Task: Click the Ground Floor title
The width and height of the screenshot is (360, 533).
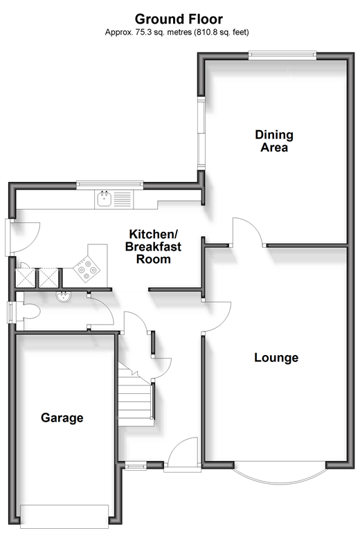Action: click(179, 19)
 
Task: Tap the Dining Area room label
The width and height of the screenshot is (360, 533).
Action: click(274, 141)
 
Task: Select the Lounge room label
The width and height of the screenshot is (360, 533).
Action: click(276, 358)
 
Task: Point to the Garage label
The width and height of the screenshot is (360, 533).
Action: click(62, 418)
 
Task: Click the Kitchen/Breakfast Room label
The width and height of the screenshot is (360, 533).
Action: click(153, 247)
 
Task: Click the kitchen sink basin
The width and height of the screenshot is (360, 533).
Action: click(103, 199)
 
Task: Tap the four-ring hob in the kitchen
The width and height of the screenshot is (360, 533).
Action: click(87, 267)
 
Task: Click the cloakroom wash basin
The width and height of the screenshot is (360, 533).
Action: click(63, 297)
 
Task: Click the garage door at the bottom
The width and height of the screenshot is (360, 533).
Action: click(64, 516)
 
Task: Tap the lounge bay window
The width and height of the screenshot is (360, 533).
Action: click(280, 473)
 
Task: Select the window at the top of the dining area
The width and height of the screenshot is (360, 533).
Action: click(282, 55)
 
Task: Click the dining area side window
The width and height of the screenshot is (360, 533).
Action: click(201, 133)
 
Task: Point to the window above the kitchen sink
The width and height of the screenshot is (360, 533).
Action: click(110, 185)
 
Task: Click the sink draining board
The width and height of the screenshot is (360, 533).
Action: click(122, 199)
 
